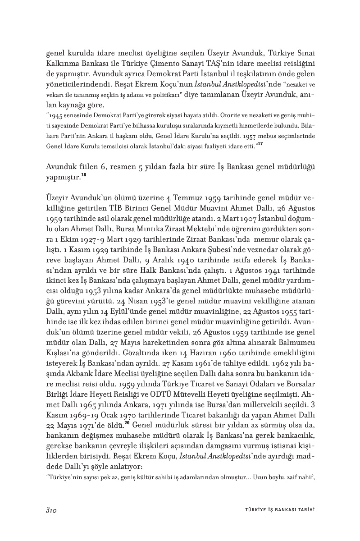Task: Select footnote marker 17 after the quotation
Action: click(260, 143)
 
